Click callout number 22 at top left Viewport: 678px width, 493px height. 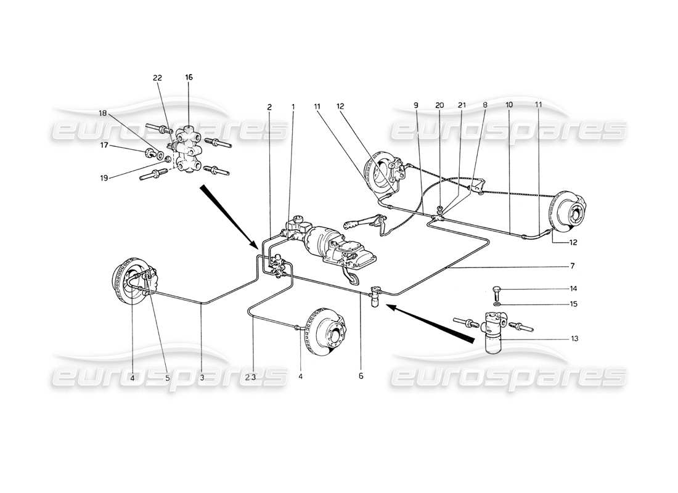157,78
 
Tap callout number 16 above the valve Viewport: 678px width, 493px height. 189,78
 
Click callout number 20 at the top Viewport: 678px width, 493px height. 439,105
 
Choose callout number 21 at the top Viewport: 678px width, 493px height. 462,105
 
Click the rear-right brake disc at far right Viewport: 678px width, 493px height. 570,215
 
